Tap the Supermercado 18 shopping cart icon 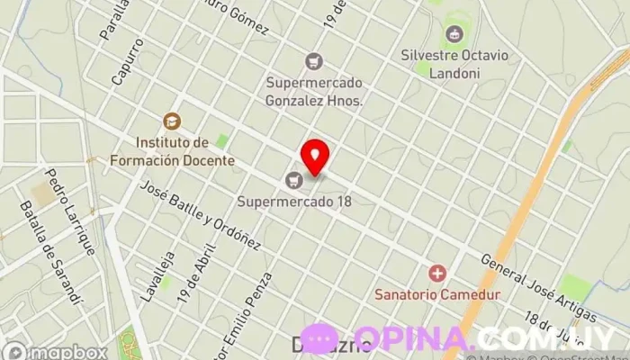tap(293, 180)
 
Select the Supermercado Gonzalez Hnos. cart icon tap(313, 61)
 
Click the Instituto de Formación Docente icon tap(171, 121)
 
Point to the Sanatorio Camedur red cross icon tap(438, 273)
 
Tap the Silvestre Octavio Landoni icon tap(454, 35)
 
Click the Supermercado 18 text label tap(294, 201)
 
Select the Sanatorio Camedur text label tap(437, 293)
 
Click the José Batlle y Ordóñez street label tap(200, 215)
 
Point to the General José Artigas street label tap(538, 285)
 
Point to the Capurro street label tap(128, 61)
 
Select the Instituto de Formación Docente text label tap(185, 152)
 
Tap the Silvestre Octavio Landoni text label tap(454, 63)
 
